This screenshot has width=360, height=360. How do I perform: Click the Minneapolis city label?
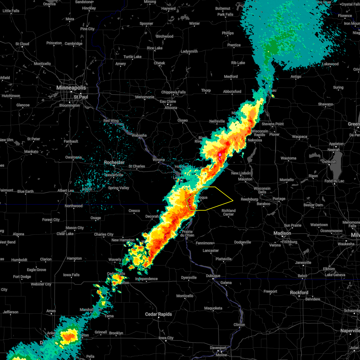pyautogui.click(x=71, y=88)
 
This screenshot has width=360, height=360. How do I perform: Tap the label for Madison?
pyautogui.click(x=282, y=233)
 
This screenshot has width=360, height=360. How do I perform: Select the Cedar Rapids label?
pyautogui.click(x=158, y=314)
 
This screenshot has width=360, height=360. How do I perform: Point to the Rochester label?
pyautogui.click(x=114, y=162)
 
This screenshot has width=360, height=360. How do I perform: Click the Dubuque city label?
pyautogui.click(x=213, y=276)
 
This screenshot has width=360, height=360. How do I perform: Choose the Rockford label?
pyautogui.click(x=299, y=292)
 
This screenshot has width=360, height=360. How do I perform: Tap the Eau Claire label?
pyautogui.click(x=168, y=101)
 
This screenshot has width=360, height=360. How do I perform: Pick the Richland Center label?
pyautogui.click(x=229, y=212)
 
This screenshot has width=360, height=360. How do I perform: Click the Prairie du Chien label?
pyautogui.click(x=187, y=233)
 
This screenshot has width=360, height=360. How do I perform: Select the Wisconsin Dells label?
pyautogui.click(x=262, y=190)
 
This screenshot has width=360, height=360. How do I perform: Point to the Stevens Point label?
pyautogui.click(x=273, y=124)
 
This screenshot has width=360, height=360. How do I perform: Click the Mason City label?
pyautogui.click(x=75, y=228)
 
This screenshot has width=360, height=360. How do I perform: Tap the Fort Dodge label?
pyautogui.click(x=22, y=277)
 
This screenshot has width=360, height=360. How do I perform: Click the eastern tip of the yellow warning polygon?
pyautogui.click(x=233, y=200)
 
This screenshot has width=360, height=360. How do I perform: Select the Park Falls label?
pyautogui.click(x=225, y=14)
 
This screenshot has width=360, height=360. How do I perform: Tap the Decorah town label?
pyautogui.click(x=152, y=217)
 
